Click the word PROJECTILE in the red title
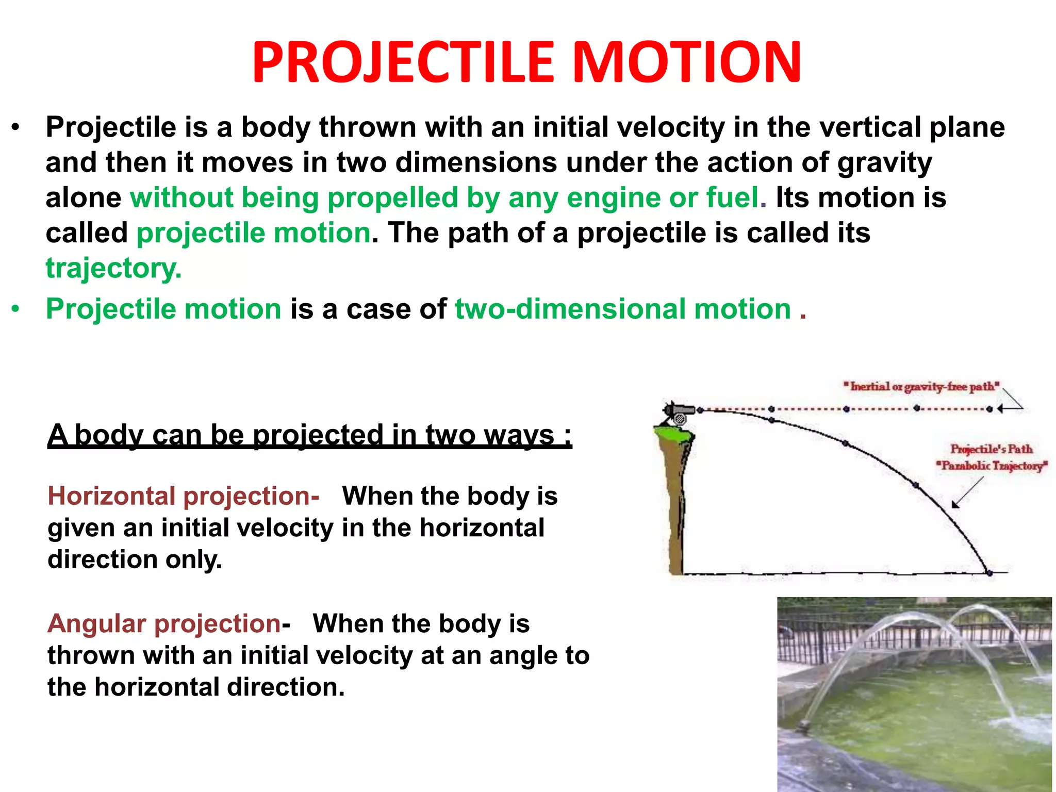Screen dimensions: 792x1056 [402, 62]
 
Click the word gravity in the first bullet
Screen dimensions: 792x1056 [884, 163]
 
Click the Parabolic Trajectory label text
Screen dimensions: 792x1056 [992, 466]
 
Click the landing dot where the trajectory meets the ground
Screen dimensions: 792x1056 [989, 573]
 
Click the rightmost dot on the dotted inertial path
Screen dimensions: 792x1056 [989, 409]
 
